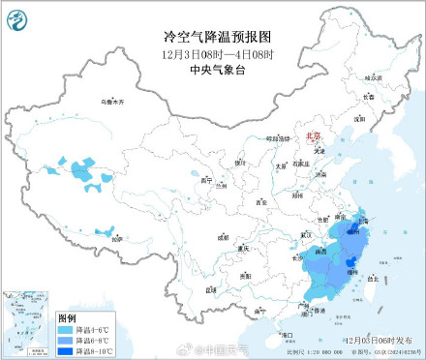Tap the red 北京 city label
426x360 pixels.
(x=312, y=139)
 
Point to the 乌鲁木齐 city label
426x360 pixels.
(x=113, y=101)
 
